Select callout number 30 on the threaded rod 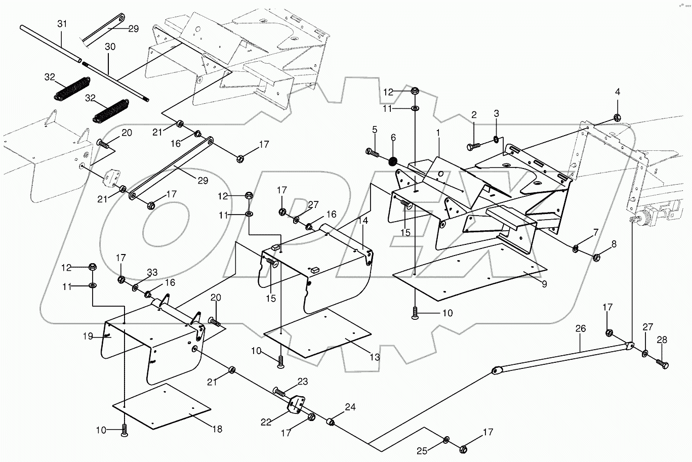click(110, 47)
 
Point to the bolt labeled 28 click(662, 363)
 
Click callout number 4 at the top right click(617, 92)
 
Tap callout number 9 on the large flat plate click(544, 284)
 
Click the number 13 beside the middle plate click(374, 357)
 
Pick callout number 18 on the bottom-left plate click(217, 429)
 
